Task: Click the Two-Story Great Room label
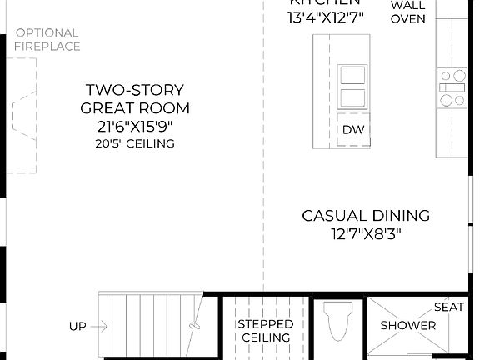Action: click(x=135, y=98)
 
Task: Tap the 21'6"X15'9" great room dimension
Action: click(x=135, y=126)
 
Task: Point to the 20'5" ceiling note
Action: click(x=135, y=143)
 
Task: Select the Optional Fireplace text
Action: click(x=47, y=40)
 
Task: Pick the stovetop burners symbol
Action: click(x=453, y=88)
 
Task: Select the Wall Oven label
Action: click(x=407, y=12)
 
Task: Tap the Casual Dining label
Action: click(x=366, y=216)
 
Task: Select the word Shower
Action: click(x=408, y=325)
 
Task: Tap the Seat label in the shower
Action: click(x=449, y=307)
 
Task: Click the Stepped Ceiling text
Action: click(x=266, y=330)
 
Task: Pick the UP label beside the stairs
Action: click(x=77, y=327)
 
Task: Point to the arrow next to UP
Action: click(x=104, y=327)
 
